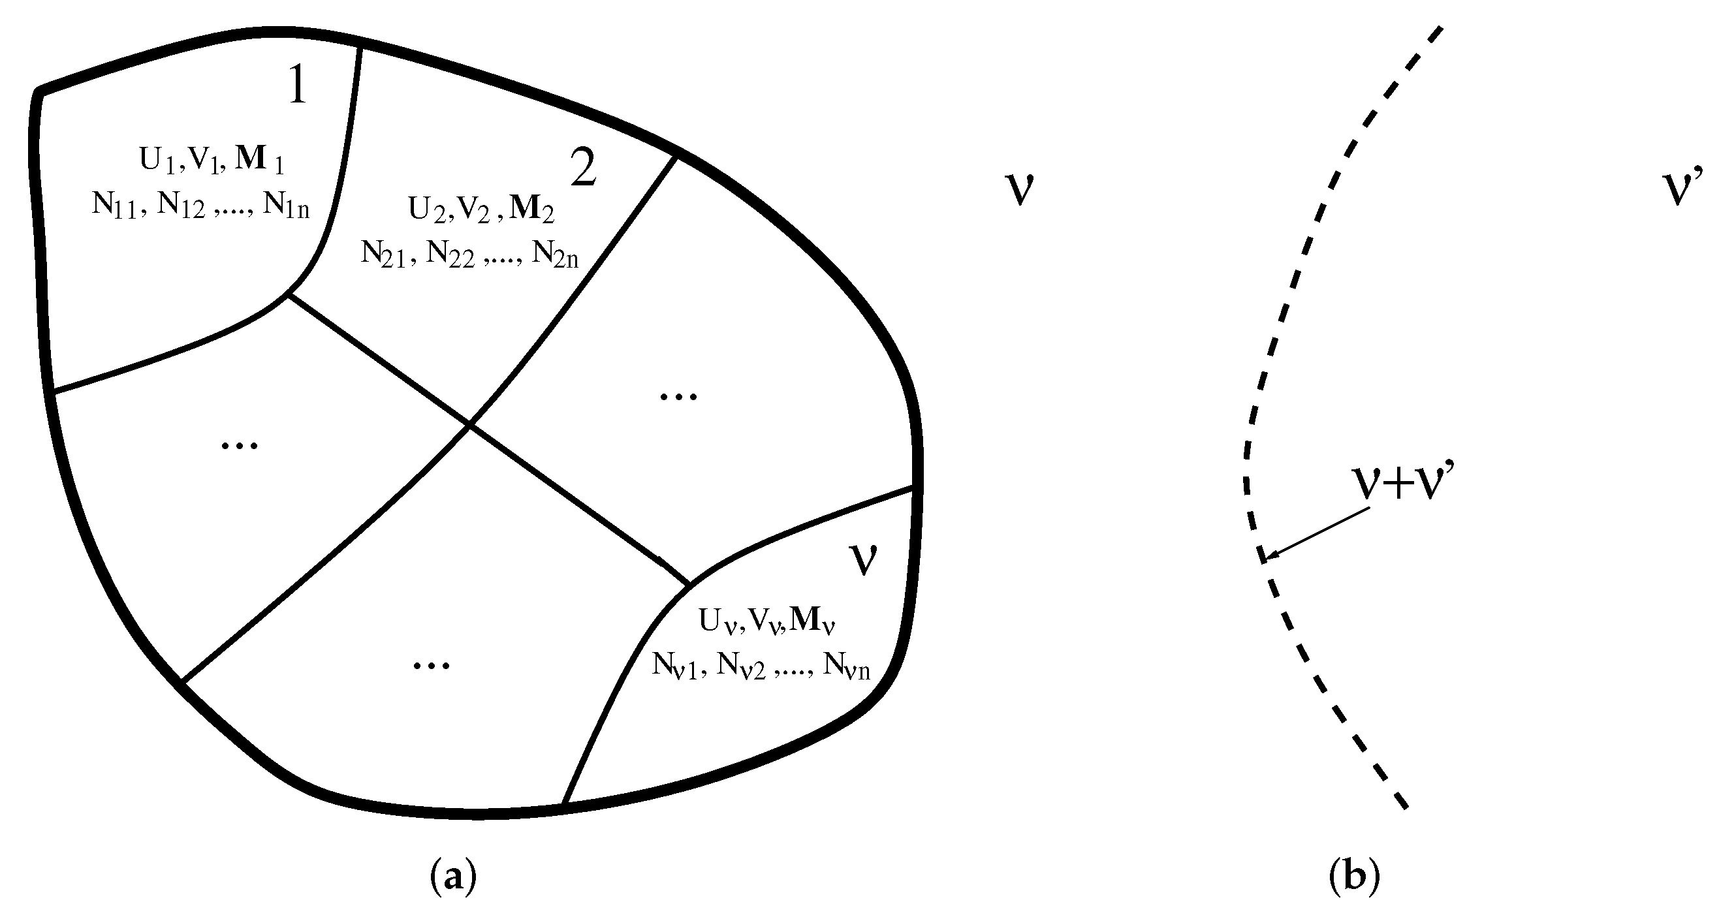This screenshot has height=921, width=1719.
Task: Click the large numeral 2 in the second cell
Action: click(x=583, y=168)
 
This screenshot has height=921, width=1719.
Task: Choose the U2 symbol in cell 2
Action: click(x=426, y=209)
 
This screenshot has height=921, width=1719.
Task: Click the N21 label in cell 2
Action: click(x=383, y=255)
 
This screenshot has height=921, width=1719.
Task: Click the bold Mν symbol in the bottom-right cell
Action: click(x=812, y=621)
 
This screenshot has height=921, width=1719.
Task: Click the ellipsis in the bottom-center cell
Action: click(x=431, y=664)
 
